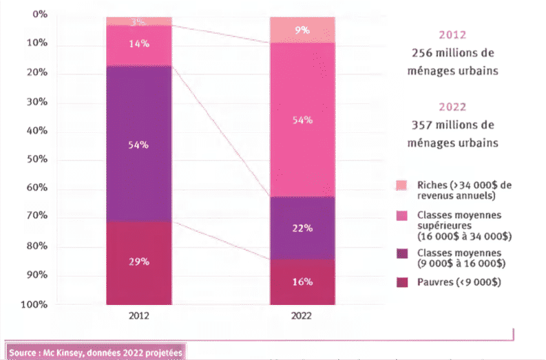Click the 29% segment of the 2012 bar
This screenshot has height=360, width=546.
pyautogui.click(x=138, y=262)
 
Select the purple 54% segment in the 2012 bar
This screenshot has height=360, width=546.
pyautogui.click(x=138, y=145)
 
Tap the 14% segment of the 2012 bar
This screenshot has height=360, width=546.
pyautogui.click(x=138, y=44)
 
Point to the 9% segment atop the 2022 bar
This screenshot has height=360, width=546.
pyautogui.click(x=302, y=30)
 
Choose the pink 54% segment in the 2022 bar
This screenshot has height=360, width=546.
pyautogui.click(x=302, y=120)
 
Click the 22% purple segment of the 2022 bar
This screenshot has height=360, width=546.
pyautogui.click(x=302, y=228)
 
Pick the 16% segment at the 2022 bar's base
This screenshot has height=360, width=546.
pyautogui.click(x=302, y=282)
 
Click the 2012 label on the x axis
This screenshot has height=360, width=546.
pyautogui.click(x=138, y=317)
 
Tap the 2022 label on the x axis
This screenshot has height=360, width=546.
pyautogui.click(x=301, y=317)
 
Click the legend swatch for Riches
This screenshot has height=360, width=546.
pyautogui.click(x=401, y=184)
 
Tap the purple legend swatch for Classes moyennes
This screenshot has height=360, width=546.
pyautogui.click(x=401, y=253)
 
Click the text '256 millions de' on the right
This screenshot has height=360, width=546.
pyautogui.click(x=453, y=53)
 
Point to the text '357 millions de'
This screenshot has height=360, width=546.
pyautogui.click(x=453, y=125)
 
